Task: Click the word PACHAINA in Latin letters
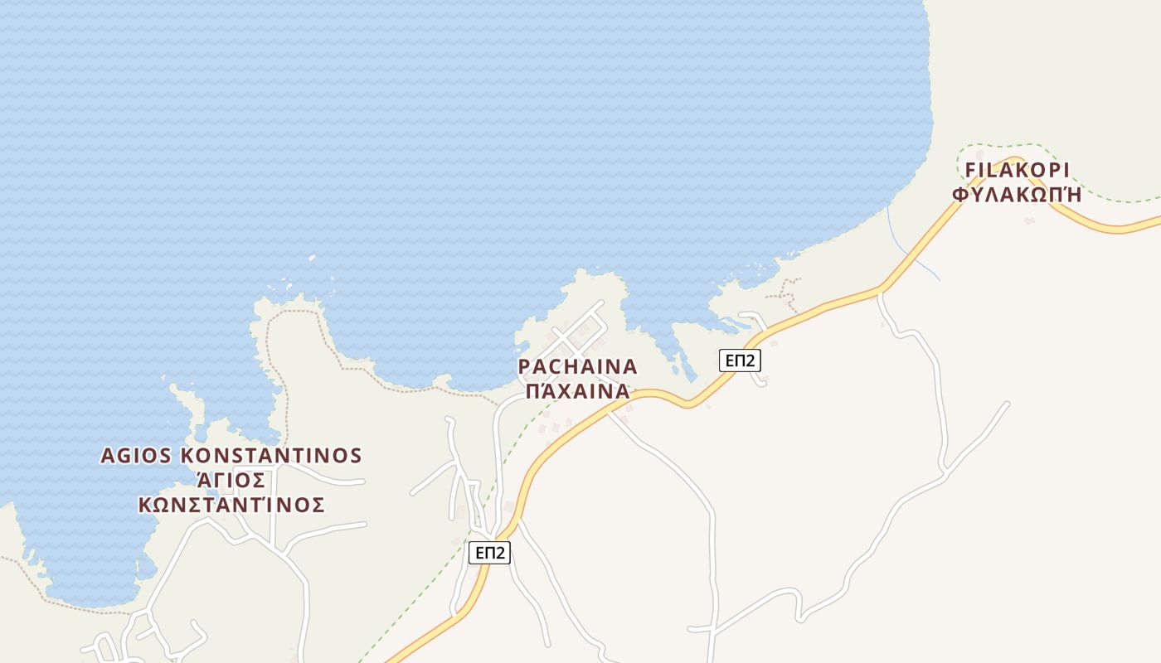point(577,366)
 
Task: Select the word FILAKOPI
point(1018,170)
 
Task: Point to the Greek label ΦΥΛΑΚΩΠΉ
point(1018,195)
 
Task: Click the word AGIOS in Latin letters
point(136,456)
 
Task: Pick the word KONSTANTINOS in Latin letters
point(271,456)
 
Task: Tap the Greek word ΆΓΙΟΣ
point(231,481)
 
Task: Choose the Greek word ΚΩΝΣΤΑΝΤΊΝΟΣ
point(231,505)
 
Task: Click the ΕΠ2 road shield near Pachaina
point(740,361)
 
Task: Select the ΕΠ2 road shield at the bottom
point(489,553)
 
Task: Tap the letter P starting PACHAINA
point(524,366)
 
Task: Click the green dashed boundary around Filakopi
point(1103,199)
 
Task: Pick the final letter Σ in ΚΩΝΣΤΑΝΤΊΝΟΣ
point(318,505)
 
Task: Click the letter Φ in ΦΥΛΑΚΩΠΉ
point(961,195)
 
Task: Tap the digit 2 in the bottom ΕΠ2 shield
point(499,553)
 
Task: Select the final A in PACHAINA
point(629,366)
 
